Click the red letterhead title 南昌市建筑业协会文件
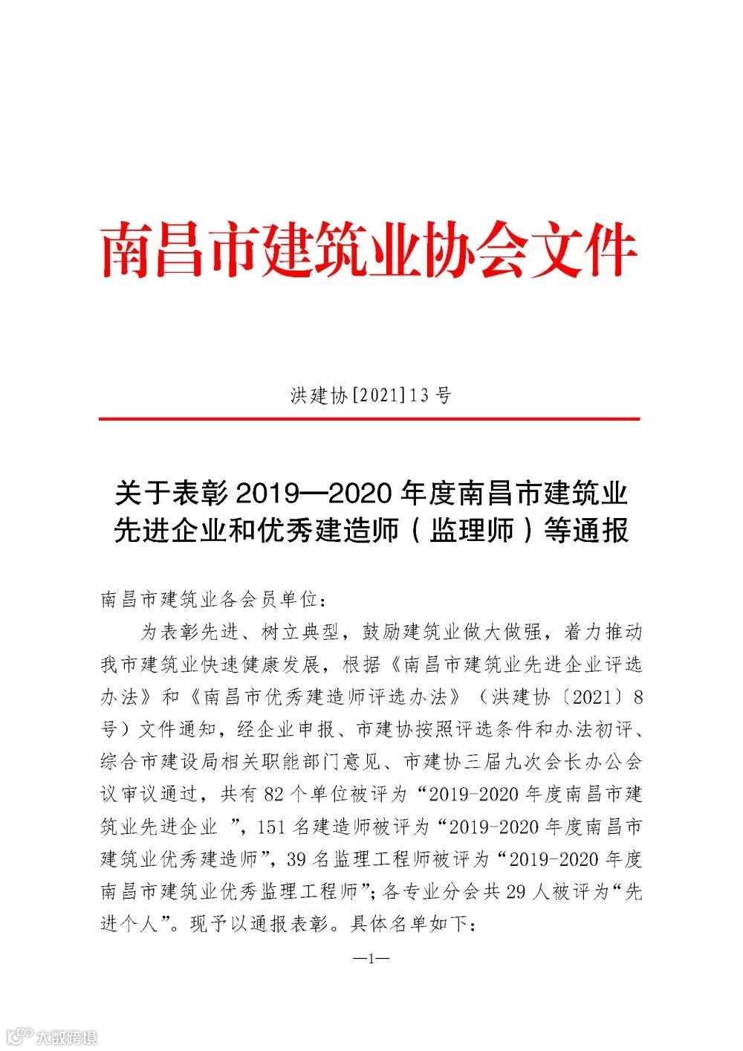(x=369, y=252)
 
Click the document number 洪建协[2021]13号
(x=370, y=395)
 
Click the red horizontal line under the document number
(x=369, y=419)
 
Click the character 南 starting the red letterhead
(x=125, y=252)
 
